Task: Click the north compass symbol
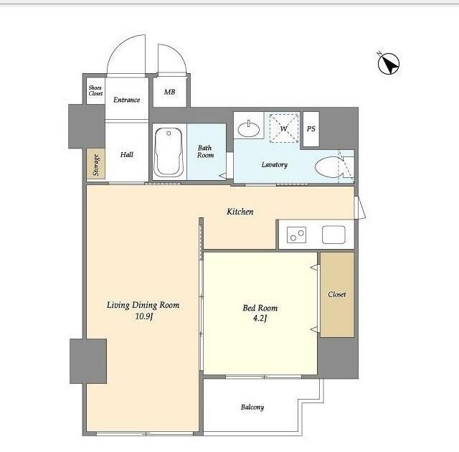pyautogui.click(x=388, y=63)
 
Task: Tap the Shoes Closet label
pyautogui.click(x=95, y=90)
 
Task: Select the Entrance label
pyautogui.click(x=126, y=100)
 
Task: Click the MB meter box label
pyautogui.click(x=169, y=92)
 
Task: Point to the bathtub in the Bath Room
pyautogui.click(x=169, y=152)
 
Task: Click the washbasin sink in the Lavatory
pyautogui.click(x=249, y=129)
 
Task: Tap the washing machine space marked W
pyautogui.click(x=284, y=128)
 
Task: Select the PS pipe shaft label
pyautogui.click(x=311, y=129)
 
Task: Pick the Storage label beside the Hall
pyautogui.click(x=96, y=165)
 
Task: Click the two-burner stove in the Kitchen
pyautogui.click(x=296, y=235)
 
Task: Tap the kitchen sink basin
pyautogui.click(x=333, y=235)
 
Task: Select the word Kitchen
pyautogui.click(x=240, y=212)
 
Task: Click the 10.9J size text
pyautogui.click(x=144, y=316)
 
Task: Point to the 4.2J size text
pyautogui.click(x=260, y=318)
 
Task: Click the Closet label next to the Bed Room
pyautogui.click(x=336, y=294)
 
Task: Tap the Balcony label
pyautogui.click(x=252, y=408)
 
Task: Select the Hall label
pyautogui.click(x=127, y=154)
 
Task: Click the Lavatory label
pyautogui.click(x=274, y=164)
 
